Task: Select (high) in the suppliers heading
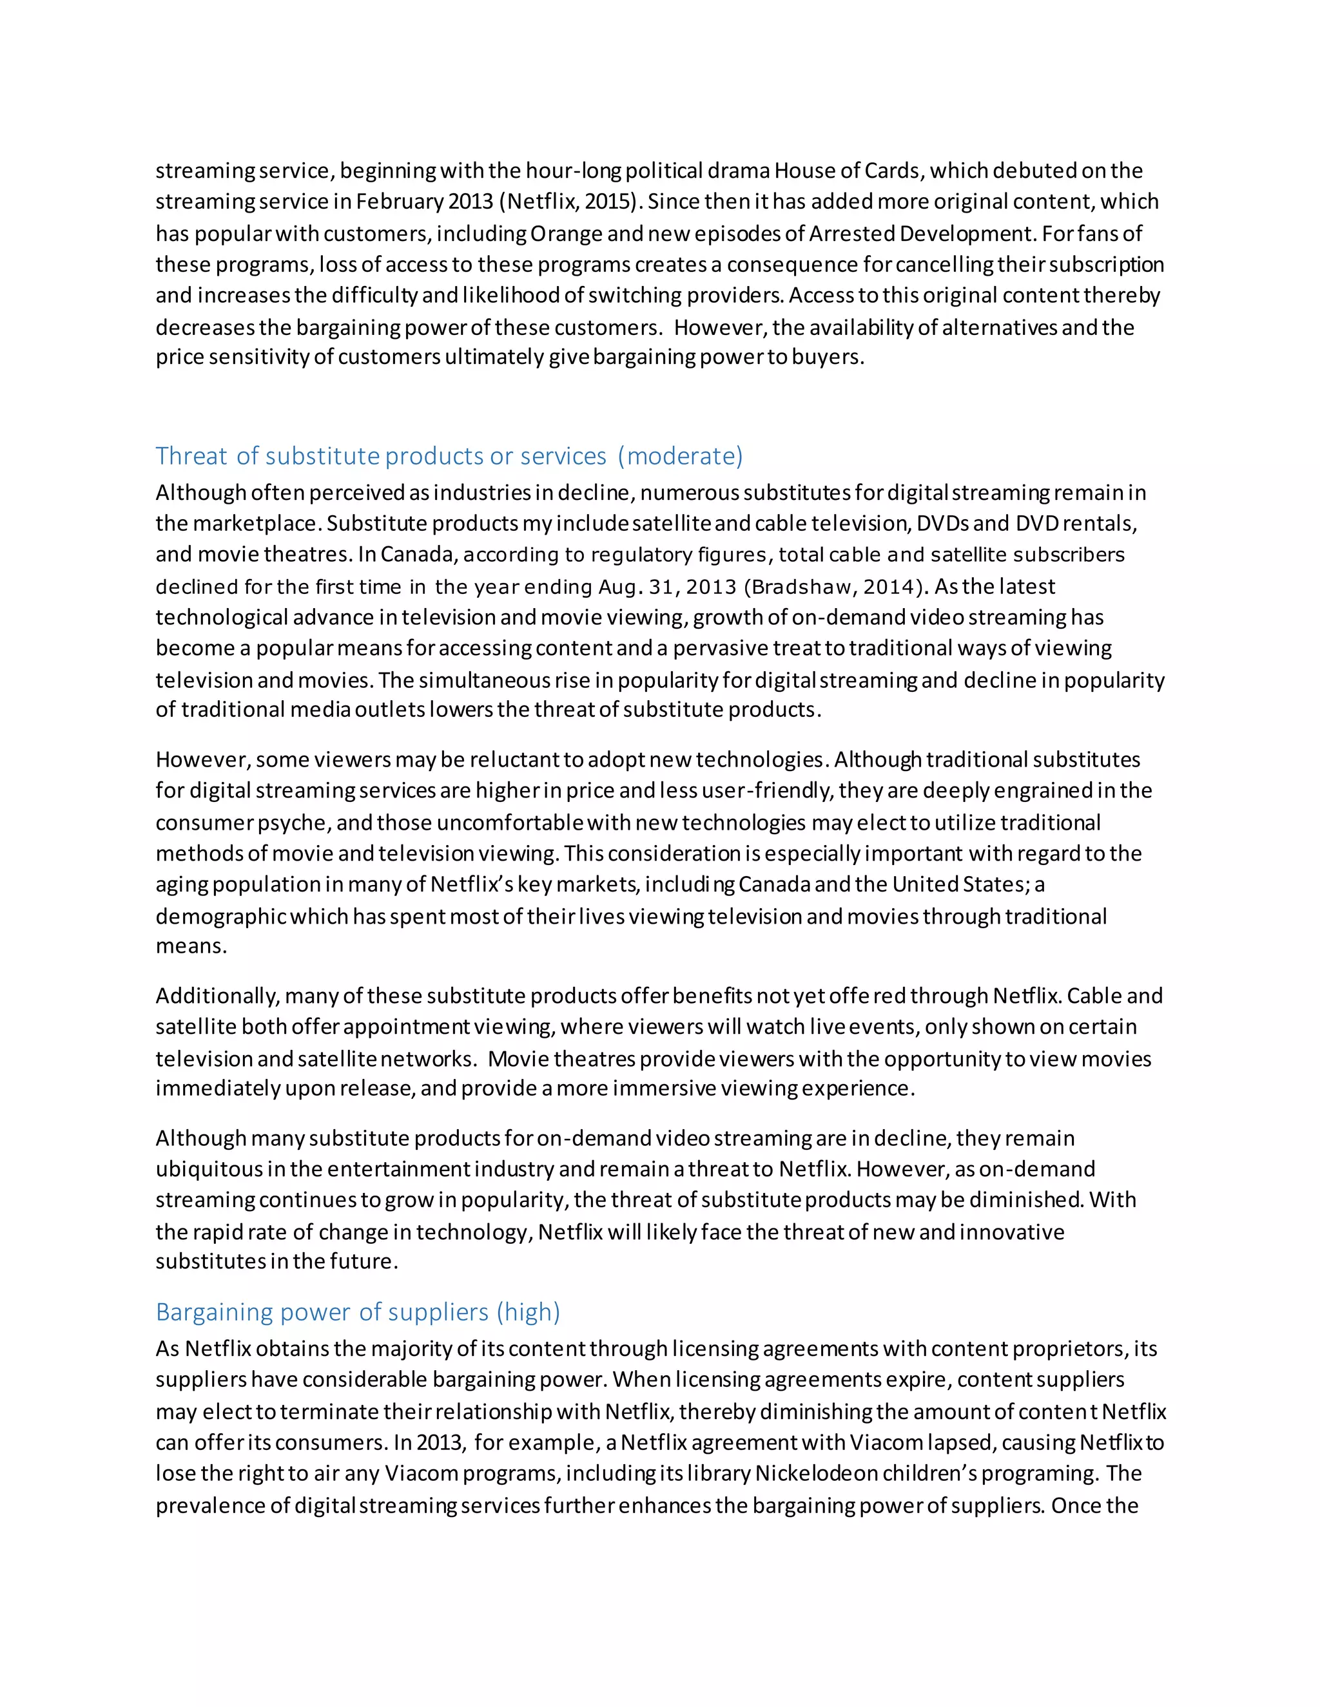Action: tap(528, 1311)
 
